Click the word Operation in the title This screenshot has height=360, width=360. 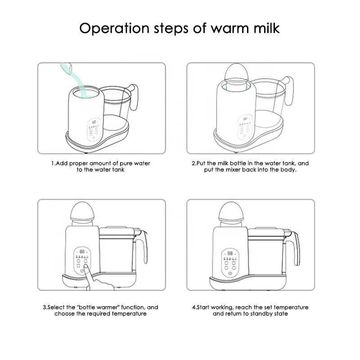click(x=114, y=29)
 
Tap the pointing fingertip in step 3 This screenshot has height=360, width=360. click(x=86, y=266)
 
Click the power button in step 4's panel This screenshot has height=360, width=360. click(x=230, y=273)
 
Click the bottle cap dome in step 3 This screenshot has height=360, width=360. click(x=82, y=211)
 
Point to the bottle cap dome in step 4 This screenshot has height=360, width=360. click(x=230, y=211)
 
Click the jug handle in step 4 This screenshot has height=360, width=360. click(x=295, y=248)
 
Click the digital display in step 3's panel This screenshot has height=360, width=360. click(x=82, y=252)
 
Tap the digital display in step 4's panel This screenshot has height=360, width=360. click(x=230, y=253)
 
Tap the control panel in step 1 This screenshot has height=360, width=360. click(x=94, y=129)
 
